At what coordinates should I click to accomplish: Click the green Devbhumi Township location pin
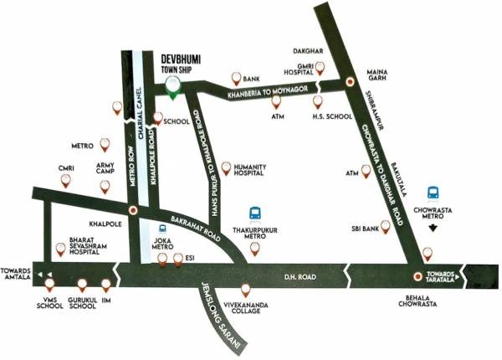(x=173, y=85)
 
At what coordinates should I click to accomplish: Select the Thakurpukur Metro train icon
(x=257, y=214)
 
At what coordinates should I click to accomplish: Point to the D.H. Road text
(x=300, y=276)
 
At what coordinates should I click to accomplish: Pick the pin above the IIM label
(x=105, y=285)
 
